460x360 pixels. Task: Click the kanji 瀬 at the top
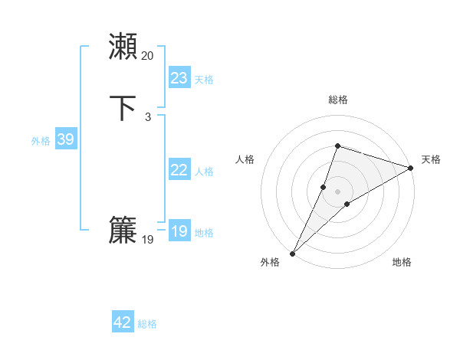tap(123, 47)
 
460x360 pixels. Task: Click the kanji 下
tap(123, 108)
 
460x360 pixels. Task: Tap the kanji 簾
tap(123, 231)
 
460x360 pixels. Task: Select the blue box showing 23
tap(179, 77)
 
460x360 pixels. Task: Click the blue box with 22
tap(179, 170)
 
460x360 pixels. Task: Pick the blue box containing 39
tap(65, 139)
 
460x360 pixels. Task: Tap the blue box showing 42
tap(123, 322)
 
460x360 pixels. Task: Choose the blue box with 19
tap(179, 231)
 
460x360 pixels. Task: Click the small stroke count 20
tap(148, 56)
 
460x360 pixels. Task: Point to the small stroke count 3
tap(148, 117)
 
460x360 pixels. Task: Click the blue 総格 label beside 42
tap(147, 324)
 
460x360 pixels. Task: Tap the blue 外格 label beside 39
tap(41, 141)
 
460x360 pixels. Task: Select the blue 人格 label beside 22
tap(204, 172)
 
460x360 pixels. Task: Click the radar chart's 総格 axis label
tap(337, 100)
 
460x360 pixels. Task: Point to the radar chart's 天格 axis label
tap(431, 159)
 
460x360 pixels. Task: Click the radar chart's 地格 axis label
tap(402, 262)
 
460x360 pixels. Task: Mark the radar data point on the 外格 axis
tap(292, 253)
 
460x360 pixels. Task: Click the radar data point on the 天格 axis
tap(411, 168)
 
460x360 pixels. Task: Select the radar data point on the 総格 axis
tap(337, 146)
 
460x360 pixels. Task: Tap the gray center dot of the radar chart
tap(337, 191)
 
